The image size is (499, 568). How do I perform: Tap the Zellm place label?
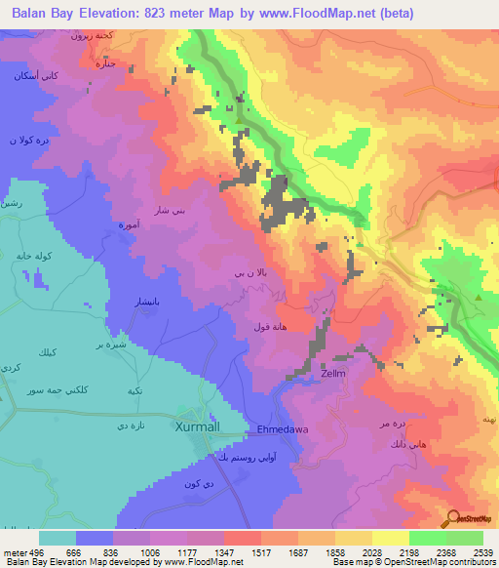[333, 373]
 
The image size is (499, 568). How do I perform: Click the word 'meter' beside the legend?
[12, 552]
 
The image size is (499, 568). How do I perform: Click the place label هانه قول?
[269, 326]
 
